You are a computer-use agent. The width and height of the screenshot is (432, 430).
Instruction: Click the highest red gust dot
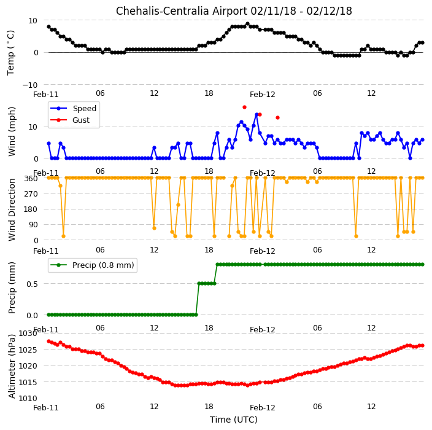244,107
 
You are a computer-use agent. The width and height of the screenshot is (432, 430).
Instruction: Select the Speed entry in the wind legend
73,108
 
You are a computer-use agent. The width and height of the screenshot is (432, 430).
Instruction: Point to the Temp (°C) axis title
10,53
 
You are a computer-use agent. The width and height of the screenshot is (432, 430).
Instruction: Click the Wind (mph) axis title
12,131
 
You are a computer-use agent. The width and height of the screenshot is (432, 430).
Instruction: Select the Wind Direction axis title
12,209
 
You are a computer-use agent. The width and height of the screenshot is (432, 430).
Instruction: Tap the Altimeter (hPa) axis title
12,366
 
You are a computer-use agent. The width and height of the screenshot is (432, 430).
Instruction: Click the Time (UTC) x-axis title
234,420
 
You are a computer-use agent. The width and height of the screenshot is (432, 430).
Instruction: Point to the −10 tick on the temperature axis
30,85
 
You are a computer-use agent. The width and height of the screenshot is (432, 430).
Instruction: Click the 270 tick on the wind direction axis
32,194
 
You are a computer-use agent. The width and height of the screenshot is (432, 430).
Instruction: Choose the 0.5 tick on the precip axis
32,284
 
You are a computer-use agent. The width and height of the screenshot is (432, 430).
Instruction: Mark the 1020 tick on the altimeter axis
28,366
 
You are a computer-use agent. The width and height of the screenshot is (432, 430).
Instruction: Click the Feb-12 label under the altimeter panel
262,408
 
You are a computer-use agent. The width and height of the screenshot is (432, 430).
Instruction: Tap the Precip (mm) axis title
12,287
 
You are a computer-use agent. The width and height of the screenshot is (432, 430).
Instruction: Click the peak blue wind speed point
256,114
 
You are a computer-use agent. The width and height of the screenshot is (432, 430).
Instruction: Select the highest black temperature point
247,24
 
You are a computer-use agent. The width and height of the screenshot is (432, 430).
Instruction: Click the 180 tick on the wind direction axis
32,209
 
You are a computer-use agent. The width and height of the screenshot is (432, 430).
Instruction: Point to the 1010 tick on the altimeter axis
28,398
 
